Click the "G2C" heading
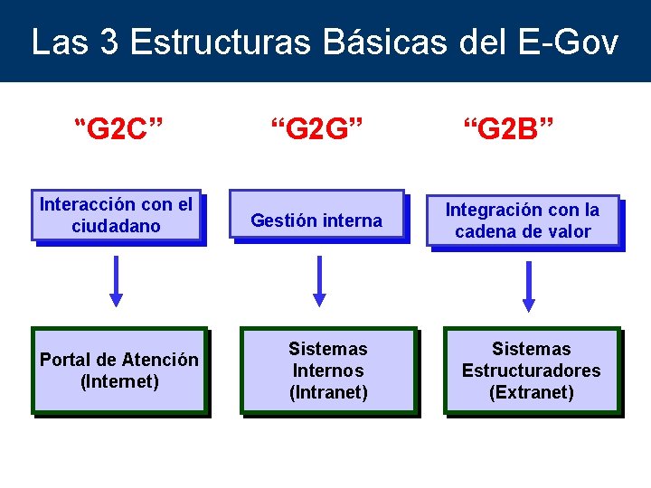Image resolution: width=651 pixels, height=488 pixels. pos(118,130)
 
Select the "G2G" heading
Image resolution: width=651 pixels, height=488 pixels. pos(317,130)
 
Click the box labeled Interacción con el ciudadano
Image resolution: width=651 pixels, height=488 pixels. pos(116,216)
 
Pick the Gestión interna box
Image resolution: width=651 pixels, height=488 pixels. pos(316,215)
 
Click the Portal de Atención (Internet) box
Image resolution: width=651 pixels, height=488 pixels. pos(119,370)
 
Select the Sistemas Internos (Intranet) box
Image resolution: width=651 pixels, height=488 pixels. pos(327,371)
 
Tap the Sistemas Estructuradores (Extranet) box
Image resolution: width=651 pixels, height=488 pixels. pos(531,371)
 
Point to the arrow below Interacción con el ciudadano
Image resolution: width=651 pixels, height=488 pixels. pos(117,280)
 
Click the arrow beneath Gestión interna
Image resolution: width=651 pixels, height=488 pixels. pos(318,280)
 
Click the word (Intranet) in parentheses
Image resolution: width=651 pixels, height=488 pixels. pos(327,392)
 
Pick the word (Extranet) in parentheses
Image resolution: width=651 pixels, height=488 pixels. pos(531,392)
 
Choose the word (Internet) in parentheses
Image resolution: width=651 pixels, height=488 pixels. pos(119,381)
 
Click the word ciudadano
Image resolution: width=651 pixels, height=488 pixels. pos(116,226)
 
